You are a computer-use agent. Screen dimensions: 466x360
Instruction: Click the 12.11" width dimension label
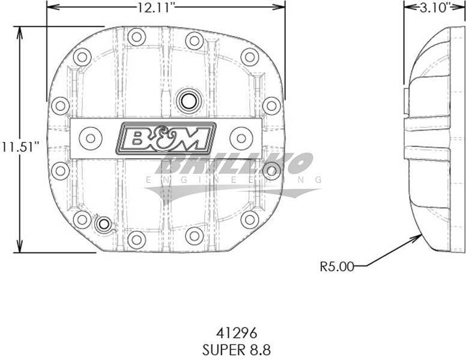pos(155,8)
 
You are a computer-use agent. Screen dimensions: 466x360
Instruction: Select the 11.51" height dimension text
pos(20,147)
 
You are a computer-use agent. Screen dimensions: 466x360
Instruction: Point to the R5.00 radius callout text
pos(337,266)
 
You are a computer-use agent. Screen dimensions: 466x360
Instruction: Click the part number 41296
pos(236,333)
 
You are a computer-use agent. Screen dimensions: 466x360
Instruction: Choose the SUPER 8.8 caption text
pos(237,350)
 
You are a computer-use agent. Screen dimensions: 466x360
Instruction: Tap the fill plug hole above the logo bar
pos(187,101)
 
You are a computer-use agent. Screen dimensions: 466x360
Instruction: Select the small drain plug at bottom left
pos(103,224)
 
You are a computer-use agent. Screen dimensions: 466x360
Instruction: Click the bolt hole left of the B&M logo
pos(91,139)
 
